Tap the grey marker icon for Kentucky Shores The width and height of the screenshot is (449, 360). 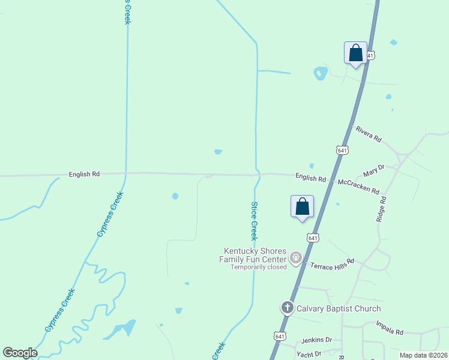point(295,258)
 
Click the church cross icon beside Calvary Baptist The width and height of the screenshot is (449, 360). point(287,308)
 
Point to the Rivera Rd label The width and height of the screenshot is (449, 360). point(369,134)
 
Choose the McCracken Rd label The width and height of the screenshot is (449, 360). point(358,187)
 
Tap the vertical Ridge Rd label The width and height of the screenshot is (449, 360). point(380,209)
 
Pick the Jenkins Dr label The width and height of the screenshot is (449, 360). point(316,340)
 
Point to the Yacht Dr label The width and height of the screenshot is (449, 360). point(310,354)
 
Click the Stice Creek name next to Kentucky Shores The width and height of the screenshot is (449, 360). point(254,221)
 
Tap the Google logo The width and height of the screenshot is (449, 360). point(20,353)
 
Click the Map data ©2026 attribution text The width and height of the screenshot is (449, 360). point(423,355)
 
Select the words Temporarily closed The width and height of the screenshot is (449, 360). point(259,267)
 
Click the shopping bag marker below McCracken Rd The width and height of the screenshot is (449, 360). point(303,206)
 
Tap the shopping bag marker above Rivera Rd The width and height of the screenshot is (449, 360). point(355,53)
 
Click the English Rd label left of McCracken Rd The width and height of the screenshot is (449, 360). point(310,179)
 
